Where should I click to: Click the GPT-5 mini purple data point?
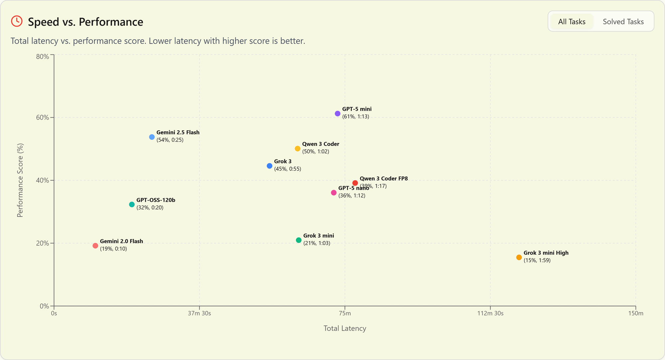337,114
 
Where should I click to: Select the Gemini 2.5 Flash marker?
152,137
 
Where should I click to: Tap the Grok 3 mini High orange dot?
519,257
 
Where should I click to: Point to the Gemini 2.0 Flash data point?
95,246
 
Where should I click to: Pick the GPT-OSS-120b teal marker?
132,204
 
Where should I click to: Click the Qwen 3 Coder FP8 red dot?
355,183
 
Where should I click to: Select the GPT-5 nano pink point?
334,193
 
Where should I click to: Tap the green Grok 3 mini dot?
299,240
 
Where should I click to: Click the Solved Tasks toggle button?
623,22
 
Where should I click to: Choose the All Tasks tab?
572,22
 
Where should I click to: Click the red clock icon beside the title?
17,21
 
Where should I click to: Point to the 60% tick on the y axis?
42,118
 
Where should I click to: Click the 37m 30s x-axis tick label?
199,313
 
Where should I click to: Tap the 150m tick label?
635,313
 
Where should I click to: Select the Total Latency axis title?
345,328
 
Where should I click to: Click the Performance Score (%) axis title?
20,180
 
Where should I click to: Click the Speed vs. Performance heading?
85,22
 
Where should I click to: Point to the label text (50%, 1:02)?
316,152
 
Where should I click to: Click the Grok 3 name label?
283,162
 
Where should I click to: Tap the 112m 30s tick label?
490,313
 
